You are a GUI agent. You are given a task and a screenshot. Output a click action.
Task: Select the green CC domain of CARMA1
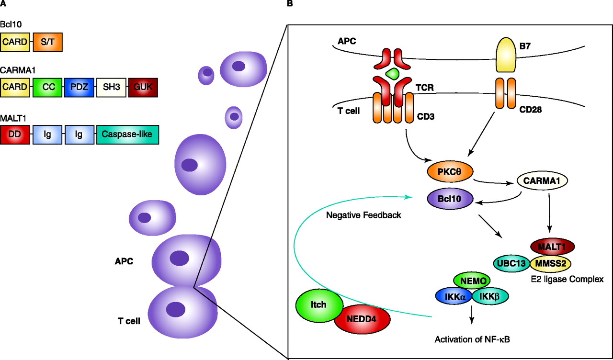pyautogui.click(x=48, y=88)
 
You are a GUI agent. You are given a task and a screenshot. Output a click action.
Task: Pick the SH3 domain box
pyautogui.click(x=111, y=88)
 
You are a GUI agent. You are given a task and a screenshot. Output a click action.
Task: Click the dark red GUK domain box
pyautogui.click(x=143, y=88)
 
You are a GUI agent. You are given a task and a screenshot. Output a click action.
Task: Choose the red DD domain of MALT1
pyautogui.click(x=15, y=135)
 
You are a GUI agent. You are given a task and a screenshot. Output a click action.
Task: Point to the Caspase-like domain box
pyautogui.click(x=127, y=135)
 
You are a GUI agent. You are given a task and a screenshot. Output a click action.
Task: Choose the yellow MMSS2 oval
pyautogui.click(x=550, y=262)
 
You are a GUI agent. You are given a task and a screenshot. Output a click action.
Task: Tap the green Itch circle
pyautogui.click(x=319, y=305)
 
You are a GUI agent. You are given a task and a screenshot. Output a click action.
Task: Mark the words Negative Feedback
pyautogui.click(x=363, y=215)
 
